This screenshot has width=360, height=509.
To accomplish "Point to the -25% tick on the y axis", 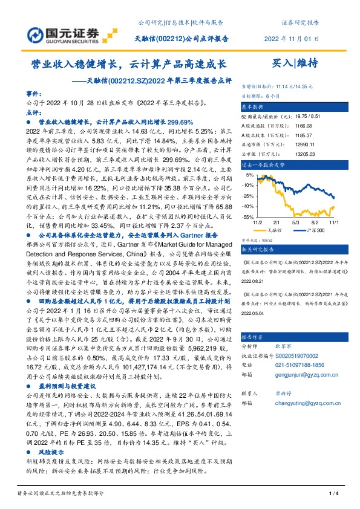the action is [248, 196].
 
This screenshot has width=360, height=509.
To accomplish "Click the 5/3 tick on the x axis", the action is [296, 222].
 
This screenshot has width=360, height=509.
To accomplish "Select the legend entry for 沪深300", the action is [309, 230].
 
